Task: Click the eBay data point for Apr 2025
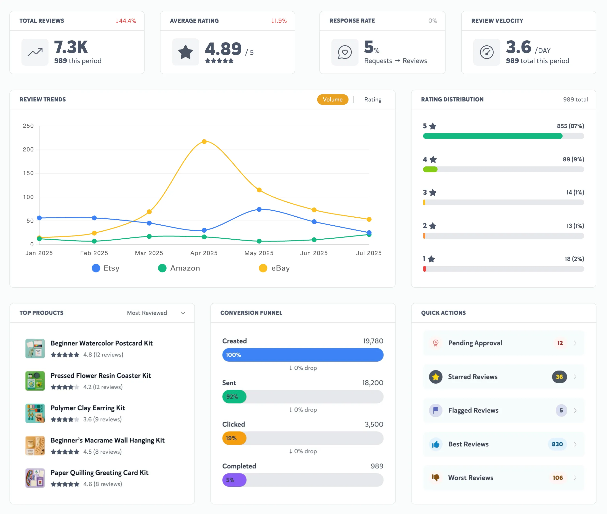(204, 142)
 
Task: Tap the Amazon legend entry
(179, 268)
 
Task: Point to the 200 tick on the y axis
(28, 150)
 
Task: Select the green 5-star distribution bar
(493, 136)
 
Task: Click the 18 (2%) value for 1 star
(574, 259)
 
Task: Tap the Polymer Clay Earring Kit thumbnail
(35, 413)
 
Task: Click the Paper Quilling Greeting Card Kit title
(99, 473)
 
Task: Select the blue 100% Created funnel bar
(303, 355)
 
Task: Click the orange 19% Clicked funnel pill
(234, 438)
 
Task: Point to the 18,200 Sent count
(373, 383)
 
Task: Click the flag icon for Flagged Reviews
(436, 410)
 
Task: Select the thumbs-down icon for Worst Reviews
(436, 478)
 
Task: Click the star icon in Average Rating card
(185, 52)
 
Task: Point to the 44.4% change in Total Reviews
(126, 21)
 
